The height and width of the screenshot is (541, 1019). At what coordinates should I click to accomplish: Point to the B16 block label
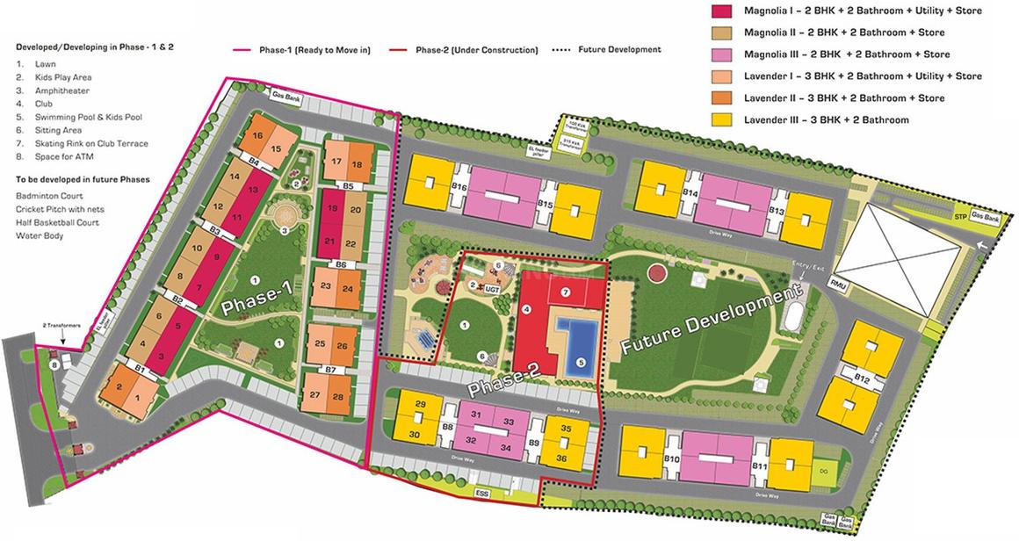tap(458, 187)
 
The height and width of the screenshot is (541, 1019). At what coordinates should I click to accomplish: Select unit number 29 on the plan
tap(421, 404)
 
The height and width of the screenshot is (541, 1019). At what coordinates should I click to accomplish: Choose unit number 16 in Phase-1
tap(257, 135)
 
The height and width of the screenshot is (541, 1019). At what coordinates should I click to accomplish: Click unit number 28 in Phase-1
tap(337, 397)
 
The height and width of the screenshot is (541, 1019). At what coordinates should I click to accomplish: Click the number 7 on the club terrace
tap(566, 291)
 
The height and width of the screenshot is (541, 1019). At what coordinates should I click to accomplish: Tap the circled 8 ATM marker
tap(54, 364)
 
